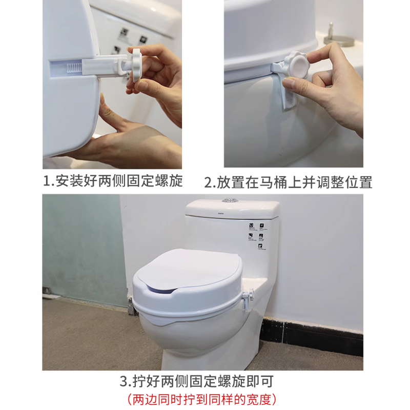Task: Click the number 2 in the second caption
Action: (209, 182)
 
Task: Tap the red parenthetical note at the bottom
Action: (202, 398)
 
